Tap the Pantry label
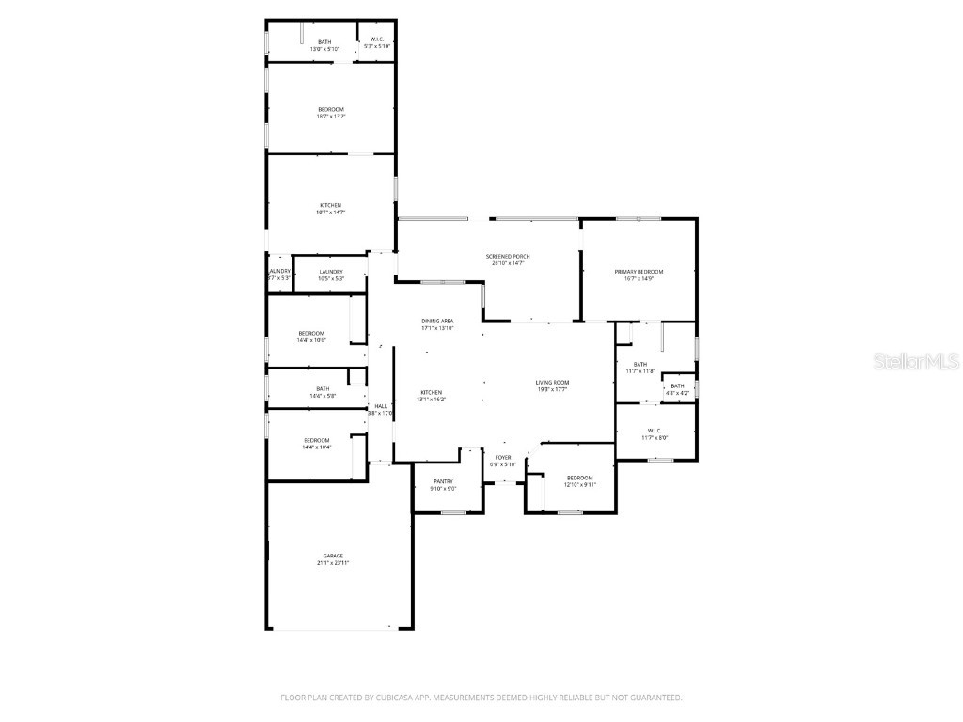pyautogui.click(x=444, y=481)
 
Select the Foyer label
pyautogui.click(x=503, y=458)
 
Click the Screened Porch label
pyautogui.click(x=507, y=257)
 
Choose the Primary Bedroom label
pyautogui.click(x=639, y=271)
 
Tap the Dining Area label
pyautogui.click(x=437, y=322)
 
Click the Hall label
pyautogui.click(x=381, y=406)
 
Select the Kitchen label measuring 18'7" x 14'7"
pyautogui.click(x=330, y=205)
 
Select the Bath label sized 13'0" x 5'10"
pyautogui.click(x=324, y=42)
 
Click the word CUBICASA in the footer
pyautogui.click(x=381, y=698)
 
